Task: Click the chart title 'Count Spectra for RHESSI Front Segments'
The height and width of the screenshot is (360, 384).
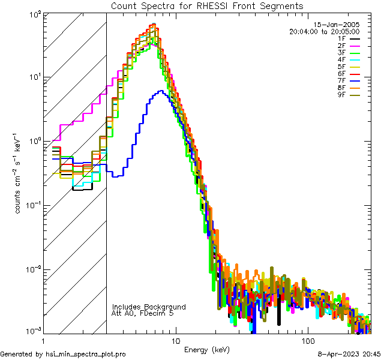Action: point(207,5)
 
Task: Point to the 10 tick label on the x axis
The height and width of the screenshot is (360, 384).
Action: point(175,341)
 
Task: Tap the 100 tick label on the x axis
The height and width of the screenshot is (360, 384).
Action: point(307,341)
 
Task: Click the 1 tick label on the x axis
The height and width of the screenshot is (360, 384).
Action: point(43,341)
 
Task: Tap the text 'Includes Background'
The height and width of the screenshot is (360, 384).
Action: point(149,307)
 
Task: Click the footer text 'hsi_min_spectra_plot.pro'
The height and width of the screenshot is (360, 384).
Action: point(85,354)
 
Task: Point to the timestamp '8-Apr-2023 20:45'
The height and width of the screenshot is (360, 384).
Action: point(347,354)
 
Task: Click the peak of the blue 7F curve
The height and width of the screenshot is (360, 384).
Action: point(161,91)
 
